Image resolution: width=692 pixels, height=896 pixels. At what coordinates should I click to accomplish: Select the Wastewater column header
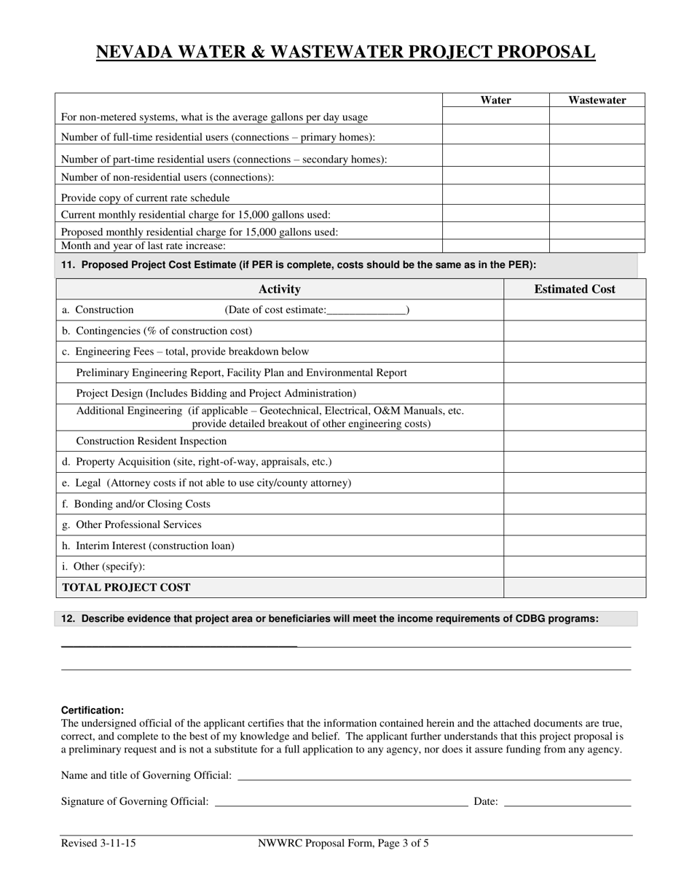(597, 101)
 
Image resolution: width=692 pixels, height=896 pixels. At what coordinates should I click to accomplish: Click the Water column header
(495, 101)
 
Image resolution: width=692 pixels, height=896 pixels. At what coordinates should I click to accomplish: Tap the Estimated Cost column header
(574, 289)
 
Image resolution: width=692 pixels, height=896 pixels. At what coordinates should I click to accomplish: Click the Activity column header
(279, 289)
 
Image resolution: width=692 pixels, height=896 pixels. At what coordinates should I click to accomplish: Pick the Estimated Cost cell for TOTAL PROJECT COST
(574, 587)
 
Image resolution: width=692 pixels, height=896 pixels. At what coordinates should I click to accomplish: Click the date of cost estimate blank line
(366, 311)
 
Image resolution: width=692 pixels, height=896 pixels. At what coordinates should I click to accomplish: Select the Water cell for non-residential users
(495, 176)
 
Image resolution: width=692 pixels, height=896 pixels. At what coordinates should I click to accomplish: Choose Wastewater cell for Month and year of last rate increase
(597, 246)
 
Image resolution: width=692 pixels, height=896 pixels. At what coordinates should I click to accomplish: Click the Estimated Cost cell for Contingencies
(574, 331)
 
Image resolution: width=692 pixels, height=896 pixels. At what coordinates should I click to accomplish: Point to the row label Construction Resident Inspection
(151, 441)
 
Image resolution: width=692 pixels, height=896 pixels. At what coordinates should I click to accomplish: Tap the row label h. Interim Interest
(148, 546)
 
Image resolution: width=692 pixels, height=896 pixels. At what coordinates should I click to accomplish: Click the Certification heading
(93, 710)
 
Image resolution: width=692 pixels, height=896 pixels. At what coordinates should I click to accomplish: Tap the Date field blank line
(567, 802)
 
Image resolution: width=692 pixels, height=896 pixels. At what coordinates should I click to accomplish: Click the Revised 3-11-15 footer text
(98, 844)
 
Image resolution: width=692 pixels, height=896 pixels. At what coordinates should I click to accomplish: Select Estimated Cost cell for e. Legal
(574, 483)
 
